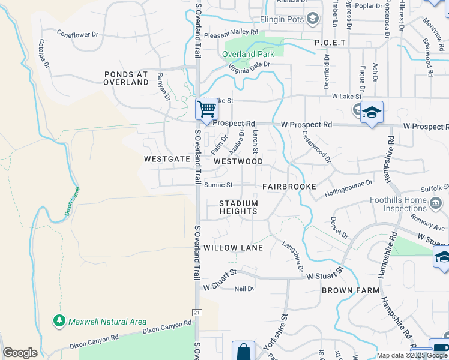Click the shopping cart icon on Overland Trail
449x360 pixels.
tap(206, 110)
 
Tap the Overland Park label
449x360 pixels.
tap(248, 54)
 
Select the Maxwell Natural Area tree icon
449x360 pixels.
tap(59, 322)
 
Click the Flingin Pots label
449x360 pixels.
tap(282, 19)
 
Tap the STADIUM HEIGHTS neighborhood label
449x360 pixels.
tap(238, 208)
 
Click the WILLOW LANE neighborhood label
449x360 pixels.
tap(233, 248)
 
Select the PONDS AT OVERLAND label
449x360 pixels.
tap(125, 78)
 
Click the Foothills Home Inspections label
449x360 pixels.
tap(419, 205)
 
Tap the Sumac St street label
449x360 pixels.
tap(218, 185)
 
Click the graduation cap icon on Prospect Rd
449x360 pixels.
tap(372, 112)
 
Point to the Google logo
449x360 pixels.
tap(20, 353)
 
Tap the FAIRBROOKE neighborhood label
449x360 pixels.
tap(289, 187)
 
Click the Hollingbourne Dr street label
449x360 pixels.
tap(349, 188)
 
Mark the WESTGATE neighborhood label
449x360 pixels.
tap(167, 160)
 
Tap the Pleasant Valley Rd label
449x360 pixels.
tap(231, 33)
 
